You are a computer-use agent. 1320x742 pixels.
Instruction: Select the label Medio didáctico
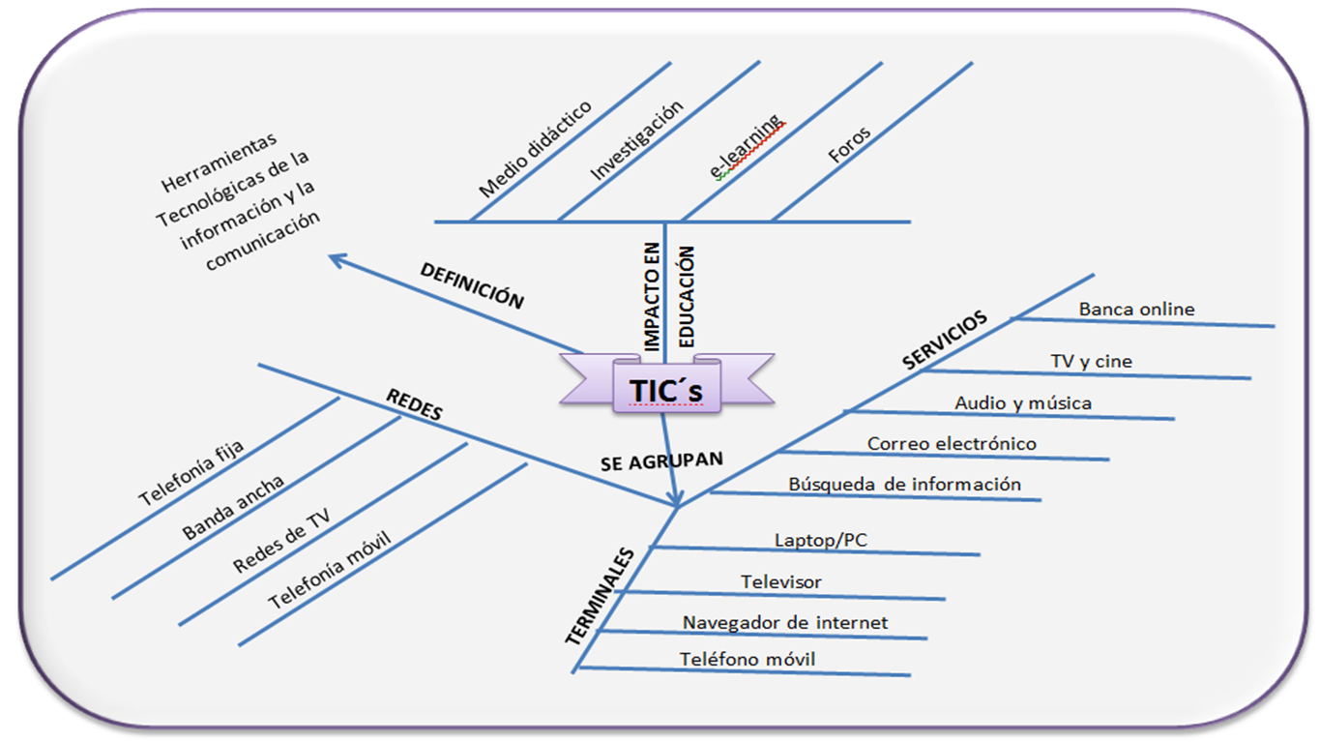[535, 149]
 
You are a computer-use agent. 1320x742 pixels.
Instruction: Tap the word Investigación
[637, 141]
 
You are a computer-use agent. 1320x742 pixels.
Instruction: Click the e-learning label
[747, 148]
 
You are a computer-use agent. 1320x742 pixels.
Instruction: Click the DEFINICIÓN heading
[472, 285]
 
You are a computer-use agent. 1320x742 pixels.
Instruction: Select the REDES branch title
[414, 404]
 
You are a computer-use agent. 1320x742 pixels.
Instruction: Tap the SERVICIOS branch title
[945, 340]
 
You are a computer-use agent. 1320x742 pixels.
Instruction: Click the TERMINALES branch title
[600, 596]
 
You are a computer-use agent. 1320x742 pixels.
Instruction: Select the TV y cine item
[1091, 362]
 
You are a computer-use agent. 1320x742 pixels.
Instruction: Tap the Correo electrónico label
[952, 444]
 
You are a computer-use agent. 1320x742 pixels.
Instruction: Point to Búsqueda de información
[904, 484]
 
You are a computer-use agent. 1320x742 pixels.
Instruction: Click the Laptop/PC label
[820, 540]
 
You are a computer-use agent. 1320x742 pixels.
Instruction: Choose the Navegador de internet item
[784, 622]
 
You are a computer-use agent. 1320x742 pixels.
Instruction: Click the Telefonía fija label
[191, 473]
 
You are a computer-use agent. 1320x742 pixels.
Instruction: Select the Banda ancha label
[233, 509]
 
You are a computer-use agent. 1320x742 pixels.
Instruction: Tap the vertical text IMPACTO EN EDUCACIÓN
[668, 297]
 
